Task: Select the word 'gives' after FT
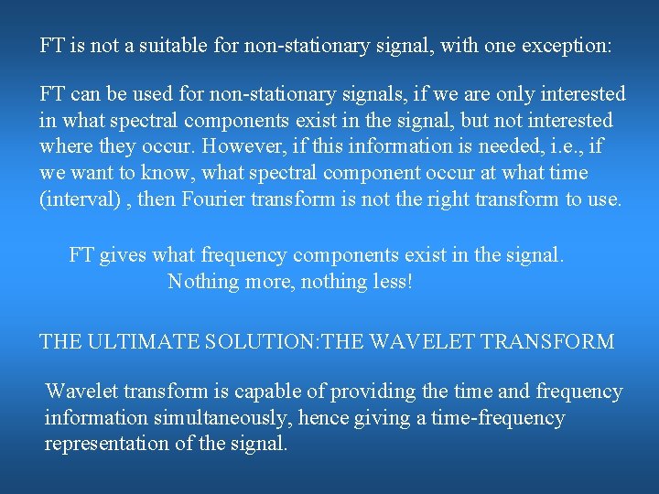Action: pos(124,255)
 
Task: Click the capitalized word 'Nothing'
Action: pos(202,282)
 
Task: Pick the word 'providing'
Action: pos(368,392)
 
